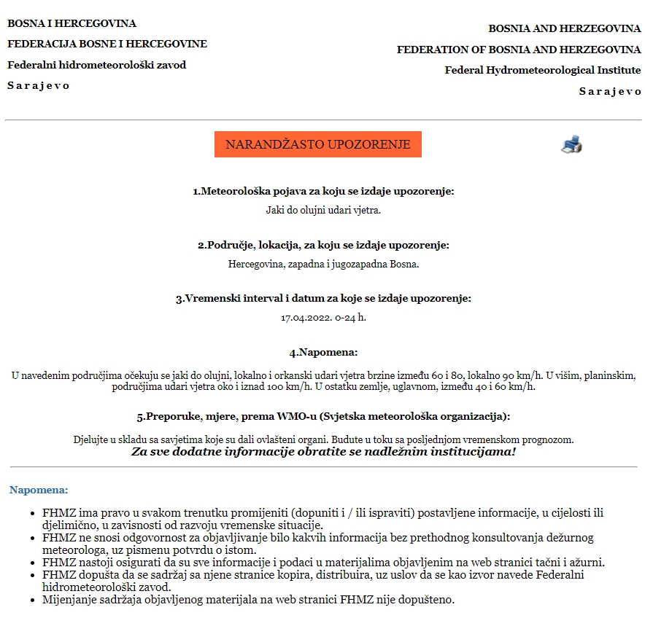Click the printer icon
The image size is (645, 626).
coord(571,144)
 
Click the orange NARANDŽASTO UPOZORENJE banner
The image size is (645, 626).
coord(318,144)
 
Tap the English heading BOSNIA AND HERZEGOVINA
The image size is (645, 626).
coord(564,28)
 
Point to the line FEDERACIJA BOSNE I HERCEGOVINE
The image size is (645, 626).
coord(107,44)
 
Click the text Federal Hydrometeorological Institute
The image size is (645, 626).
coord(542,70)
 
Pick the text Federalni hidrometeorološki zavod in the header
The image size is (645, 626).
coord(96,65)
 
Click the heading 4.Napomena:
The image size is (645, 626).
coord(323,353)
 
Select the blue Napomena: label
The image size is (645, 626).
coord(39,490)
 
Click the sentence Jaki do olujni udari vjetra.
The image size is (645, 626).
coord(323,210)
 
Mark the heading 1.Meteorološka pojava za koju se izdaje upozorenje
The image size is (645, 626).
coord(323,191)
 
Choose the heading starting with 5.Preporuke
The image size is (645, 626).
coord(323,417)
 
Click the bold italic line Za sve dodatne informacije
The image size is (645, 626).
coord(323,452)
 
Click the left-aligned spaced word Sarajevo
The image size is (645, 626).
coord(39,85)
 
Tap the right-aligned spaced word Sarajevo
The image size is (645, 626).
coord(610,91)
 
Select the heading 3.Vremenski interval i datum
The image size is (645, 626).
coord(323,299)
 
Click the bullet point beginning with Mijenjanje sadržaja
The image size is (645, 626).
coord(248,600)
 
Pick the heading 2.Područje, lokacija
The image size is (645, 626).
coord(323,245)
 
